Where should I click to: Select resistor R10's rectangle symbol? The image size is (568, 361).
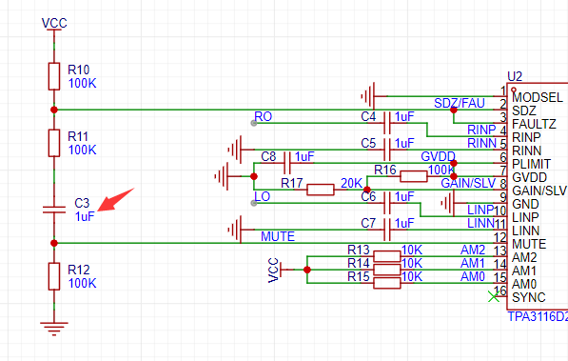click(54, 76)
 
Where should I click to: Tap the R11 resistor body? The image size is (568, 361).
click(54, 143)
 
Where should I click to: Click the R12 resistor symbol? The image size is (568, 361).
click(54, 276)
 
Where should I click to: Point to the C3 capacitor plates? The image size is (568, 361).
click(54, 210)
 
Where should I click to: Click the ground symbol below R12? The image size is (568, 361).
click(54, 329)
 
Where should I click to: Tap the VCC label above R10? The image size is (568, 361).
click(54, 23)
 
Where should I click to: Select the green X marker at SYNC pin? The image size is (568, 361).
click(494, 296)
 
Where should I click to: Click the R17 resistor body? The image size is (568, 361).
click(321, 190)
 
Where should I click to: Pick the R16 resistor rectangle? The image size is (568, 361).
click(414, 176)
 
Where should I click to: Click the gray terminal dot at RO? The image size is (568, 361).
click(254, 124)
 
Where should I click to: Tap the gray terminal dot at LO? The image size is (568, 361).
click(254, 203)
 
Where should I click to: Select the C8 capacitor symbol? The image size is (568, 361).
click(287, 163)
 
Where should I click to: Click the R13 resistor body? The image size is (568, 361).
click(387, 256)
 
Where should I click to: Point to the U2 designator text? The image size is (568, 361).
click(515, 76)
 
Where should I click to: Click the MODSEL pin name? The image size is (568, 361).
click(538, 97)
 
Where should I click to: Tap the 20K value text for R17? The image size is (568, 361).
click(351, 183)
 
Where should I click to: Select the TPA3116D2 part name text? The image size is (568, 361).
click(538, 317)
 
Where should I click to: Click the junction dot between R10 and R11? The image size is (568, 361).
click(54, 110)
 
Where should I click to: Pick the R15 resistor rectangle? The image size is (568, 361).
click(387, 283)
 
